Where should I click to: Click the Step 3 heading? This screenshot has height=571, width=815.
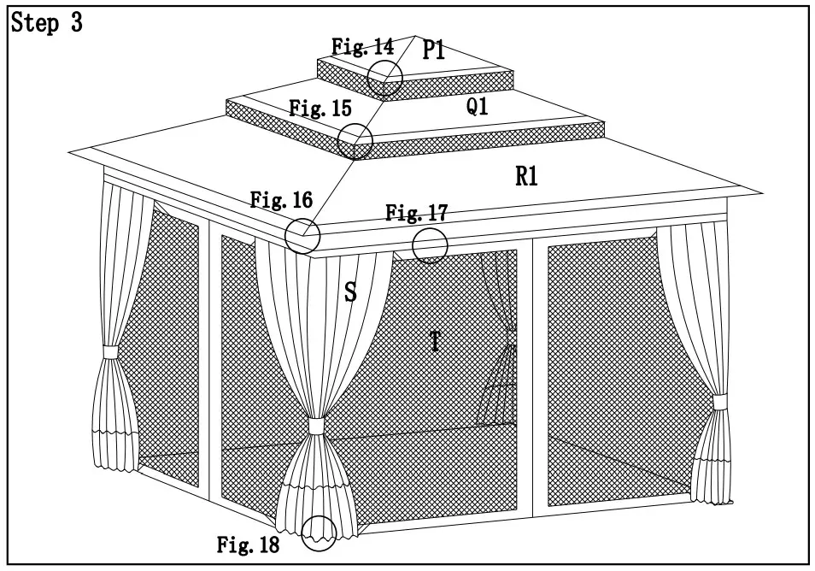coord(46,23)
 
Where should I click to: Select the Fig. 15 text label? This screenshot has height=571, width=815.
coord(320,109)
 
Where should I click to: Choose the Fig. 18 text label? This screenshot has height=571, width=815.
coord(248,545)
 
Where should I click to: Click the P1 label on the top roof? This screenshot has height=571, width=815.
coord(434,50)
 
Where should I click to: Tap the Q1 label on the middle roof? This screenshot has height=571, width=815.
coord(478,107)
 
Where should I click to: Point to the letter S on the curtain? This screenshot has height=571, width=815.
coord(350,292)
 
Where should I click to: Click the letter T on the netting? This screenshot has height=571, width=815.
coord(435,342)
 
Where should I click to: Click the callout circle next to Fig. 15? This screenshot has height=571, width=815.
coord(355,140)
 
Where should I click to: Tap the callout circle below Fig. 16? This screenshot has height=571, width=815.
coord(302,236)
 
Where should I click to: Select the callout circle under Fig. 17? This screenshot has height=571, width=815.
coord(430,245)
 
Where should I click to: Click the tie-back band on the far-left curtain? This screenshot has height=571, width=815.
coord(109,351)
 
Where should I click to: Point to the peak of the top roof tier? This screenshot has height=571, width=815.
coord(416,37)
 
